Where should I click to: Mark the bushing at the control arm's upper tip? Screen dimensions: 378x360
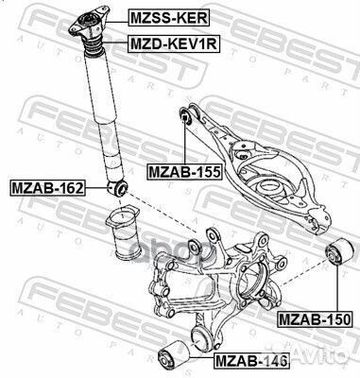pos(188,117)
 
